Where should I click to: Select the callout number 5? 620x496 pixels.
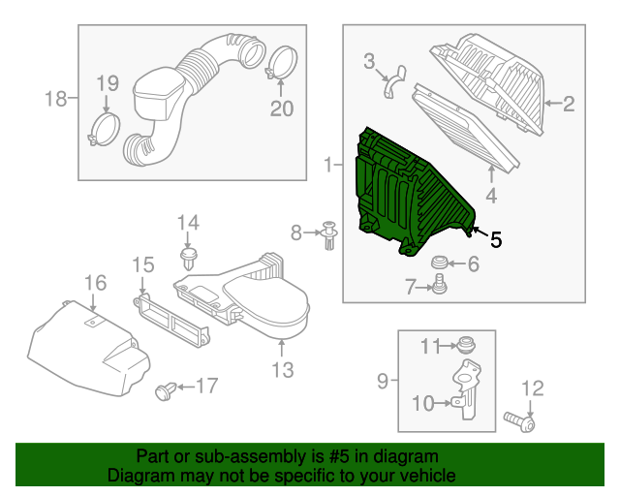coord(495,239)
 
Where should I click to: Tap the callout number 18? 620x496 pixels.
coord(55,98)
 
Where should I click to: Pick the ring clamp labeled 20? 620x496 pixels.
coord(280,64)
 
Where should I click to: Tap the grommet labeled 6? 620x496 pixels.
coord(439,263)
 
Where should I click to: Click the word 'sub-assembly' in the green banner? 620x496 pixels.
coord(224,455)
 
